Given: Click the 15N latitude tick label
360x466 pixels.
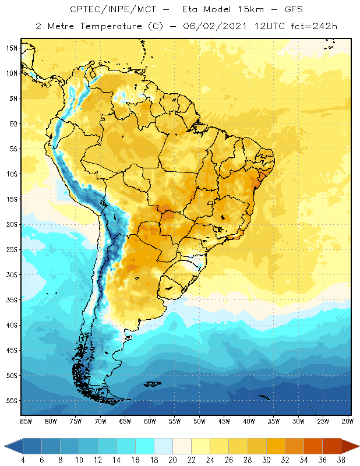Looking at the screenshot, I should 12,48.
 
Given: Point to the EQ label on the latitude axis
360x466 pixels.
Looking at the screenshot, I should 12,123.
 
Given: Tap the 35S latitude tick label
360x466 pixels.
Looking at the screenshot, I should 12,300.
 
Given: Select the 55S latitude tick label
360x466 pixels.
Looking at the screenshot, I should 12,401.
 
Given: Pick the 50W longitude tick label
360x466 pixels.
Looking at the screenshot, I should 200,421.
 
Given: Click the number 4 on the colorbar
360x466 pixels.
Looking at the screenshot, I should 24,460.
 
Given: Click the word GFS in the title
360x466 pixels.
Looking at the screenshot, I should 278,10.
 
